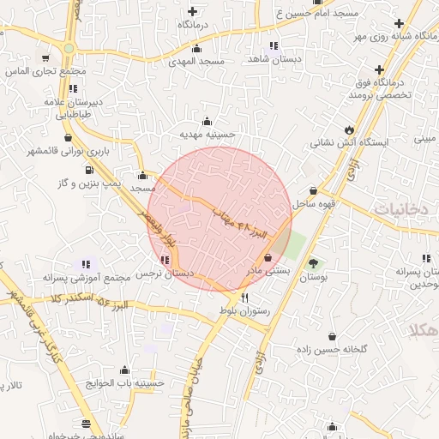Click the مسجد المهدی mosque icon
coord(197,49)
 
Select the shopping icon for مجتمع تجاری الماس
coord(45,59)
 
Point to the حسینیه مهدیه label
coord(207,135)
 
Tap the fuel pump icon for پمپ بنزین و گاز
coord(88,169)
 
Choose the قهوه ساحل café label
coord(313,203)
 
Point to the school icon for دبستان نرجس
coord(163,260)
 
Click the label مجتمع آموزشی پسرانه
coord(85,278)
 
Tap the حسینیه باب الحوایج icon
coord(126,370)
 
